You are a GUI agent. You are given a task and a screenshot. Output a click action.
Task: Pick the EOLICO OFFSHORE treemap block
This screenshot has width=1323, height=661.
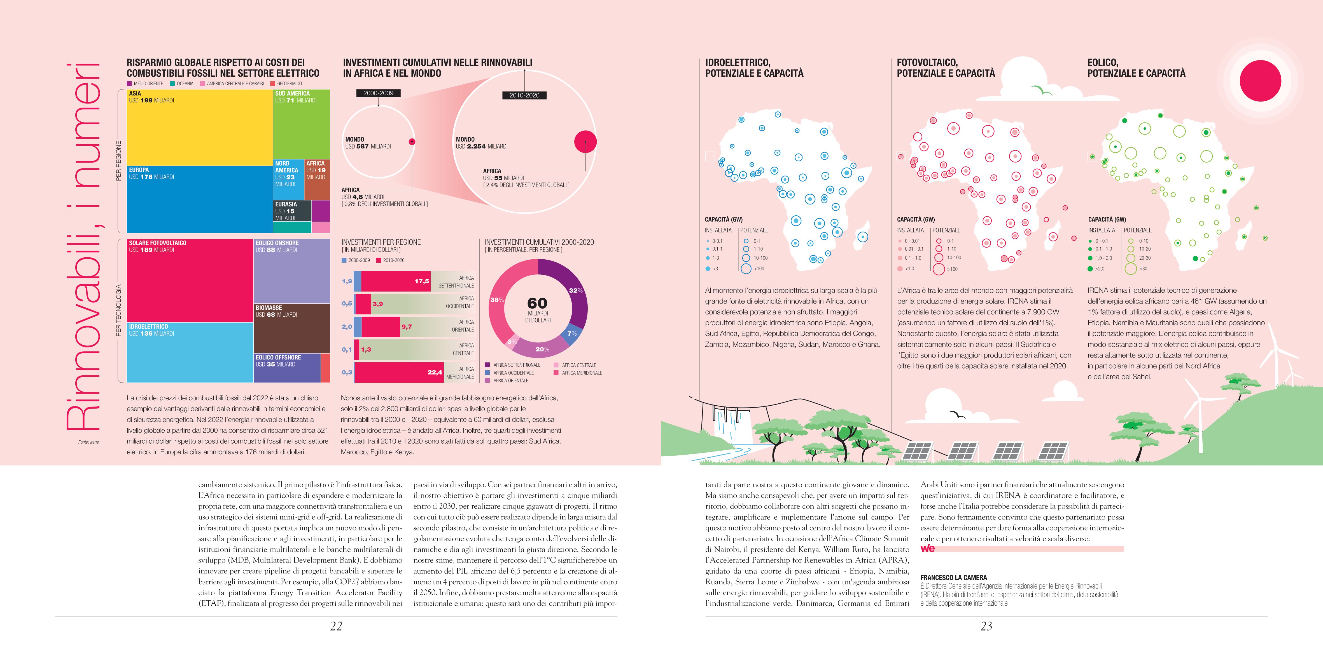[287, 368]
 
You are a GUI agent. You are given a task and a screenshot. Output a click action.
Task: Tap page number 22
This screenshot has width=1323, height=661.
[336, 626]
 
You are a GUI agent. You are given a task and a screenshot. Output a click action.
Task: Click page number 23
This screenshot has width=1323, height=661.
[986, 626]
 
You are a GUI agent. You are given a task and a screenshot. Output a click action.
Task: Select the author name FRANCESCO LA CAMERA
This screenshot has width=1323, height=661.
[953, 577]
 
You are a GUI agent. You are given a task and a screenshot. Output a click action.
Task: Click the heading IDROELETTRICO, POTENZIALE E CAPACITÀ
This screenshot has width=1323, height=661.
[754, 68]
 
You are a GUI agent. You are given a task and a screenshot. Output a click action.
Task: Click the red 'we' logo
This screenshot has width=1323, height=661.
[928, 548]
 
